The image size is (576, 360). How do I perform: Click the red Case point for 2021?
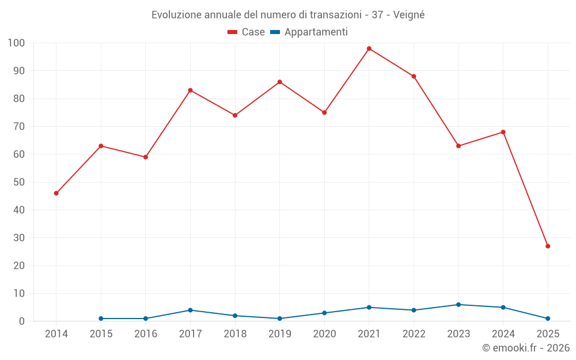click(x=369, y=48)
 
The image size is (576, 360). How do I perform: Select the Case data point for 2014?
click(x=56, y=193)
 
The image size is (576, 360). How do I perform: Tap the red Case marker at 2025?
click(x=548, y=246)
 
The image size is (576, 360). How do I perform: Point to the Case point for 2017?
click(x=190, y=90)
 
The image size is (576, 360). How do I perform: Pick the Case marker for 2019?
click(x=279, y=82)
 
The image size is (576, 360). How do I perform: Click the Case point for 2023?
click(x=458, y=146)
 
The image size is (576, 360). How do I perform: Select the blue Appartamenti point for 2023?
click(x=458, y=305)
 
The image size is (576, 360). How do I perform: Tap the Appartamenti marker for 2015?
click(x=101, y=319)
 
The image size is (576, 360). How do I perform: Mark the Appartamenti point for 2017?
click(x=190, y=310)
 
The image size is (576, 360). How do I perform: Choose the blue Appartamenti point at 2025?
click(x=548, y=319)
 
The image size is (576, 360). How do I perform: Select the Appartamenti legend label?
click(x=316, y=32)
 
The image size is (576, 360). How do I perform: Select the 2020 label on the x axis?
click(x=324, y=334)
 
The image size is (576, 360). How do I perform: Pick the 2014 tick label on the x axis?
click(x=56, y=334)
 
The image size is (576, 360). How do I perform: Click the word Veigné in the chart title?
click(x=409, y=15)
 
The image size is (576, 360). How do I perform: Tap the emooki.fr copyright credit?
click(x=526, y=348)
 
